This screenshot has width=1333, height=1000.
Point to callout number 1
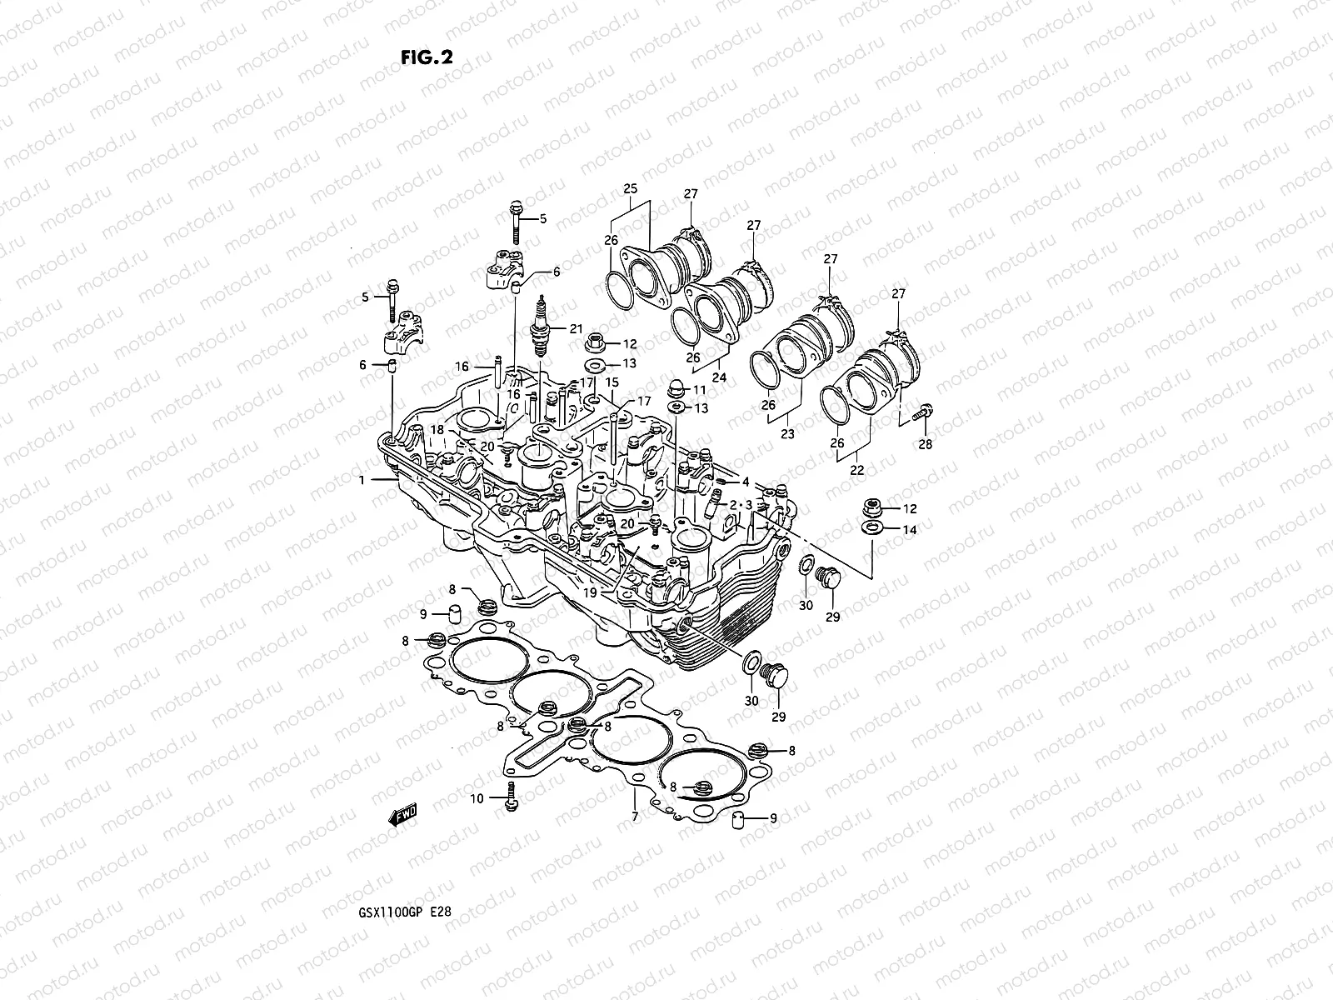[362, 480]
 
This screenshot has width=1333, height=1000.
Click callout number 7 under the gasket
[635, 817]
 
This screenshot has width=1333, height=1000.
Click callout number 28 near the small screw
[926, 444]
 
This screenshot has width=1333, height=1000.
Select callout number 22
[857, 470]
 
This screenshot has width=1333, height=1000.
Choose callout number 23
[787, 433]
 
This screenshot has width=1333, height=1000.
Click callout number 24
[719, 377]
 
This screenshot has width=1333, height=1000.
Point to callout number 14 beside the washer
[910, 530]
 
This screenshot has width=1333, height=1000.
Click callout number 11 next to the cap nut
[699, 390]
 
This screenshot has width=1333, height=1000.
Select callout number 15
[612, 382]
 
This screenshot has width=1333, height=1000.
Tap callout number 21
[577, 328]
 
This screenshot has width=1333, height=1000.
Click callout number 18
[438, 429]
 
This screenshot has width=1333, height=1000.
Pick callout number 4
[746, 481]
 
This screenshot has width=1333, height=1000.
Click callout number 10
[477, 799]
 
